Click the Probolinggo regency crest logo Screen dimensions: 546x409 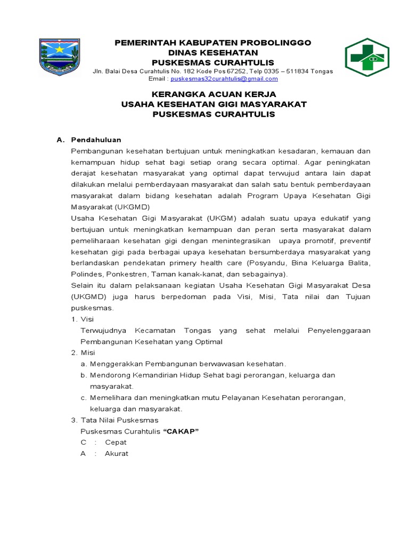60,57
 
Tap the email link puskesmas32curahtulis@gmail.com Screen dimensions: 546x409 224,79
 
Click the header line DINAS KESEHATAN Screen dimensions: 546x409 213,52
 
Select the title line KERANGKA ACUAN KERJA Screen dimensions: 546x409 214,94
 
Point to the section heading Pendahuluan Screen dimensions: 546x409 96,140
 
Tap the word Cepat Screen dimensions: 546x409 116,443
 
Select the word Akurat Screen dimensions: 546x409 117,454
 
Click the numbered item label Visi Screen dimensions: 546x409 87,319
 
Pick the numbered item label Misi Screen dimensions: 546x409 87,352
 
